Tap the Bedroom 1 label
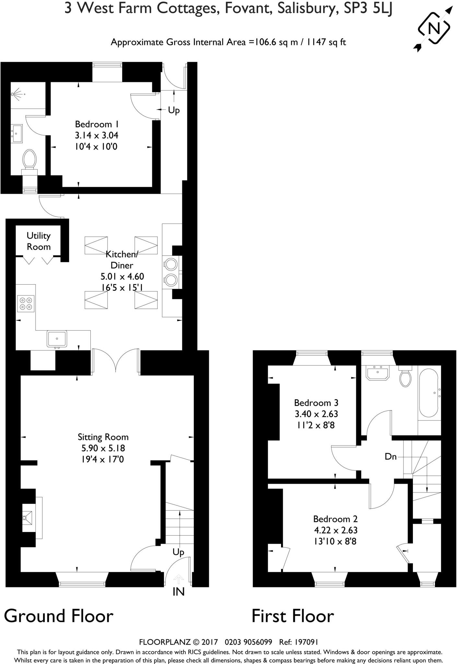click(x=97, y=124)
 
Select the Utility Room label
click(x=39, y=241)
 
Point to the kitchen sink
click(x=57, y=339)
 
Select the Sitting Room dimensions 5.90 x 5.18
click(x=103, y=448)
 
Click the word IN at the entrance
click(x=179, y=592)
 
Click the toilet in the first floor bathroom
click(x=405, y=376)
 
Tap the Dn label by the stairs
click(x=391, y=457)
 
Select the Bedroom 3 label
click(x=316, y=403)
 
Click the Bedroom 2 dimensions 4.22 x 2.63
click(x=335, y=530)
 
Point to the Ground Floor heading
click(x=59, y=616)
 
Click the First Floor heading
click(x=293, y=616)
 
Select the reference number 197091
click(x=307, y=642)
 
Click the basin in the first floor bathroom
click(x=378, y=373)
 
